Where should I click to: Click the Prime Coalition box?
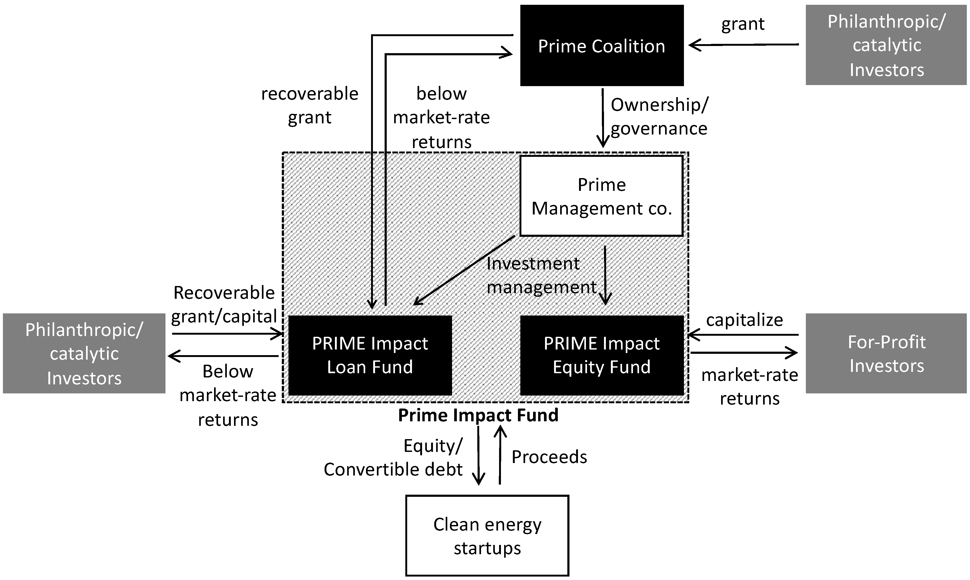pos(601,46)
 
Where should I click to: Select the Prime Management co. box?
pos(601,196)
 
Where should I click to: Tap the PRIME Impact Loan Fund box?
pos(370,355)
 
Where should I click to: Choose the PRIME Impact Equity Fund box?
pos(601,355)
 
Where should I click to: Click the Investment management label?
pos(541,276)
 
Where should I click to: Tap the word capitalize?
pos(744,320)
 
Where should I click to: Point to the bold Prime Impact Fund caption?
pos(478,415)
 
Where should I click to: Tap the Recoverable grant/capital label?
pos(224,304)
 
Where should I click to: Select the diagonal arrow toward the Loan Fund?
pos(465,270)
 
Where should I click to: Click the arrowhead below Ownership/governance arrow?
pos(603,141)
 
